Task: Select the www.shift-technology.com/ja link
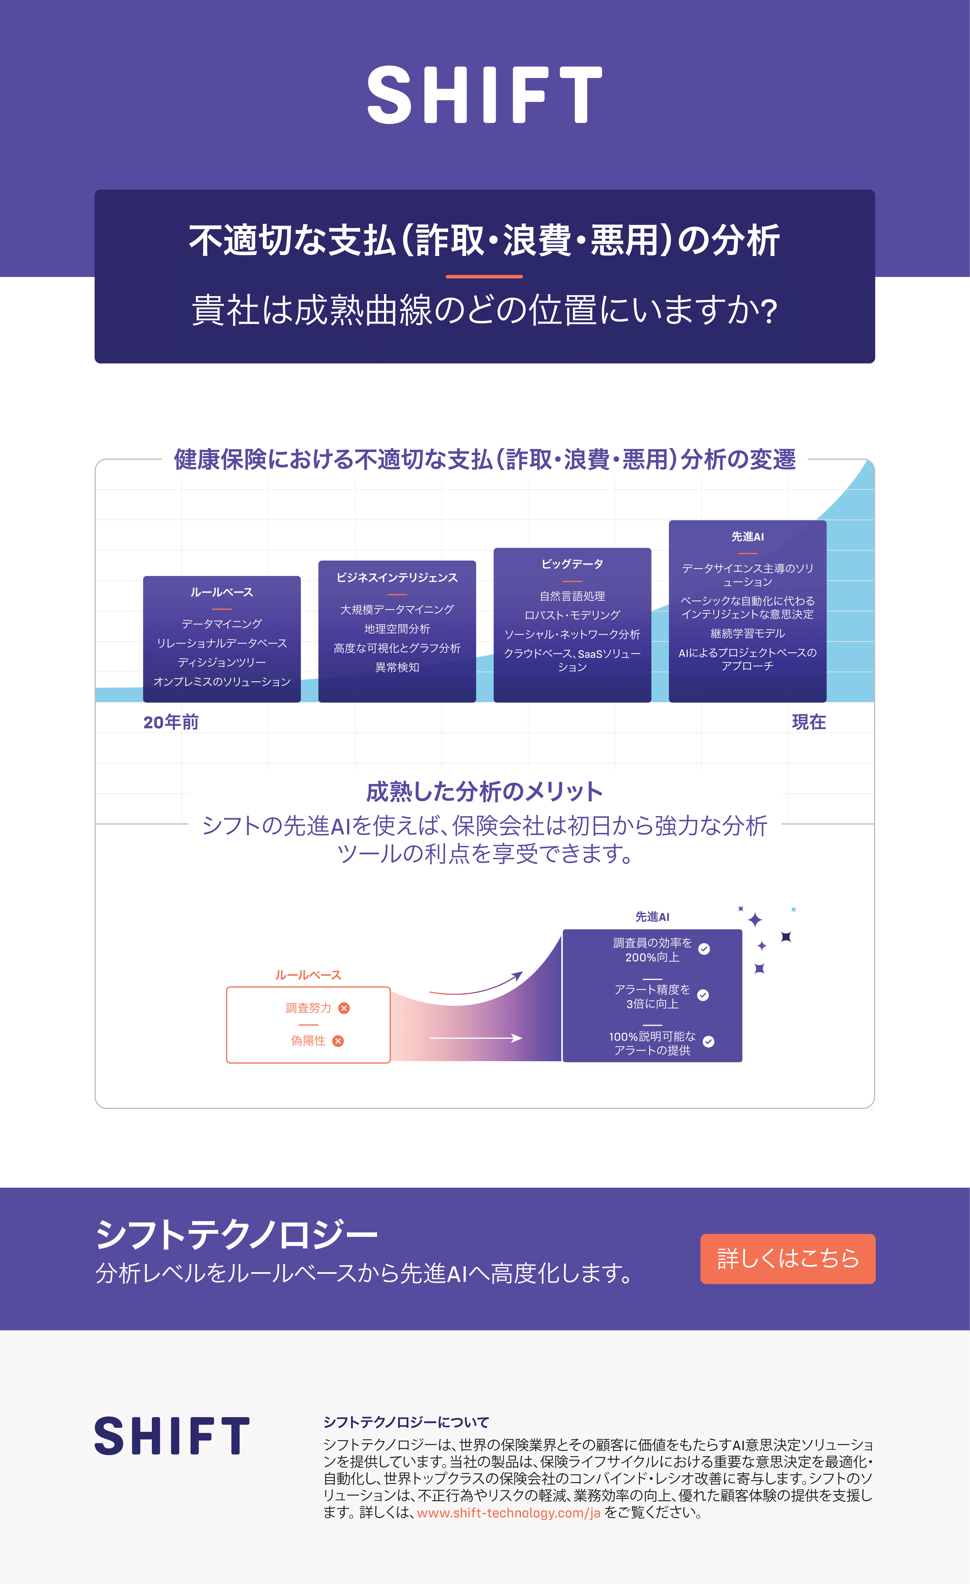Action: (509, 1513)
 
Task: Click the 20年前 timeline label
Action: (171, 722)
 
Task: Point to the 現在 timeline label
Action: (809, 722)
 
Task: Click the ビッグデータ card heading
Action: (572, 564)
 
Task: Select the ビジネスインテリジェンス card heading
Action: (397, 577)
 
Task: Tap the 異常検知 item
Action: (397, 667)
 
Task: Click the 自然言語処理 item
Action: (572, 596)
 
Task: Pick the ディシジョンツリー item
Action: (222, 662)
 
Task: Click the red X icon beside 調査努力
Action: (344, 1008)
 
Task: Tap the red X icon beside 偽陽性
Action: (338, 1041)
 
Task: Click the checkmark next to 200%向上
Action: (704, 949)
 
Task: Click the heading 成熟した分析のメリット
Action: (484, 791)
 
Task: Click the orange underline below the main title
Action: (484, 276)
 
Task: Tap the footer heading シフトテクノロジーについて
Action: (406, 1422)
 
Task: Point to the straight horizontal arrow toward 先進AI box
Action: (475, 1038)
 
